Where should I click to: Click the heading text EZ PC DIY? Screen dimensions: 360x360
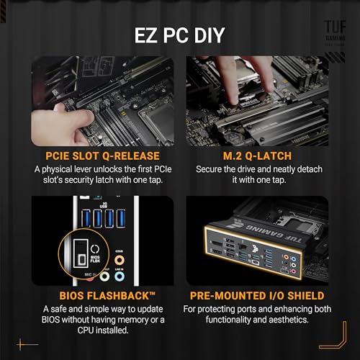(179, 34)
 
